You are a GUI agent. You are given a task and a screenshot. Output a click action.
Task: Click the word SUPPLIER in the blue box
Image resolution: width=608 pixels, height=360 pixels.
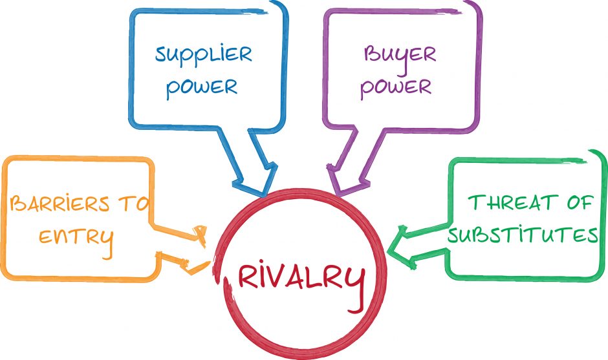(x=203, y=55)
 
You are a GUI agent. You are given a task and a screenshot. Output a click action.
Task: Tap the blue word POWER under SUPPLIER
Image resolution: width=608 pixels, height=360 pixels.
(x=202, y=87)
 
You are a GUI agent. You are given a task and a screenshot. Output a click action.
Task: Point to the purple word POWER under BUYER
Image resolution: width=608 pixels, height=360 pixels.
(x=396, y=87)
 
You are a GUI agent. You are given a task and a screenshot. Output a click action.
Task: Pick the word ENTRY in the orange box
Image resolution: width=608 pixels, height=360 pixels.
(x=76, y=237)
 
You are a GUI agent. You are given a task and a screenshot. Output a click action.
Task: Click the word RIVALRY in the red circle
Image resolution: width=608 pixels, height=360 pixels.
(x=300, y=277)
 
